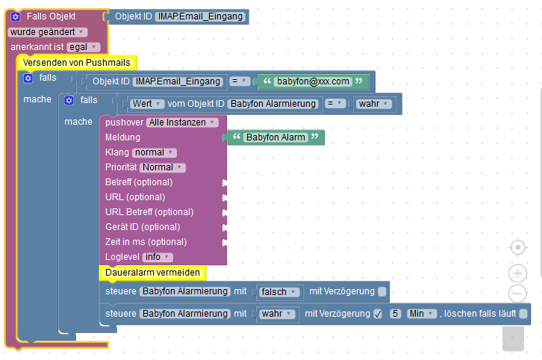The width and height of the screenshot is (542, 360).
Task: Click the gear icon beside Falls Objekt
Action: pos(16,16)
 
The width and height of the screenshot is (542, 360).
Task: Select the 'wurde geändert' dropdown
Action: pos(48,32)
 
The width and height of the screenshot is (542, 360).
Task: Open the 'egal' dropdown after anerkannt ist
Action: pos(83,47)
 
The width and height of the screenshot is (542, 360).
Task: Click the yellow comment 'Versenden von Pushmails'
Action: pos(75,63)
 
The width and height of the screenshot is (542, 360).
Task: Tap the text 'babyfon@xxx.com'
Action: pos(312,81)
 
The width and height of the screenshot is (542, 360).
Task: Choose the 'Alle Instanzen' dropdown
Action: pos(182,122)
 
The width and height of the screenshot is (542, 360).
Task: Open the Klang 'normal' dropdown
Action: pos(154,152)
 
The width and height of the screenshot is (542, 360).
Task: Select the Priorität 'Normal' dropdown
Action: pos(162,167)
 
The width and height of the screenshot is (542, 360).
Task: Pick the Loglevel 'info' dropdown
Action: pos(157,257)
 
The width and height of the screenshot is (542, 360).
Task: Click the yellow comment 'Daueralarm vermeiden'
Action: pos(152,273)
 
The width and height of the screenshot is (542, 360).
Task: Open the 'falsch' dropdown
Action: pos(279,291)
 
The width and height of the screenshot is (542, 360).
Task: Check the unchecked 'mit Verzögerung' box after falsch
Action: pos(382,291)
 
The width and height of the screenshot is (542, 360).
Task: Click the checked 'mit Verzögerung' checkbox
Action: pos(378,314)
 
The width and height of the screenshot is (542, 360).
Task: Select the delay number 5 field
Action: pos(396,314)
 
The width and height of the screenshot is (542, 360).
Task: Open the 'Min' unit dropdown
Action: pos(421,314)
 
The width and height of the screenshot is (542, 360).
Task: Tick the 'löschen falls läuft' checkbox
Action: pos(523,314)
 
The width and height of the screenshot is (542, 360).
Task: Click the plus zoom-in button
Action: pos(517,273)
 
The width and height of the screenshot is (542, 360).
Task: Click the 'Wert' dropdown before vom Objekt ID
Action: pos(147,104)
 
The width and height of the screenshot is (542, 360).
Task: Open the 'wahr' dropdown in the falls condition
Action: pos(373,104)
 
